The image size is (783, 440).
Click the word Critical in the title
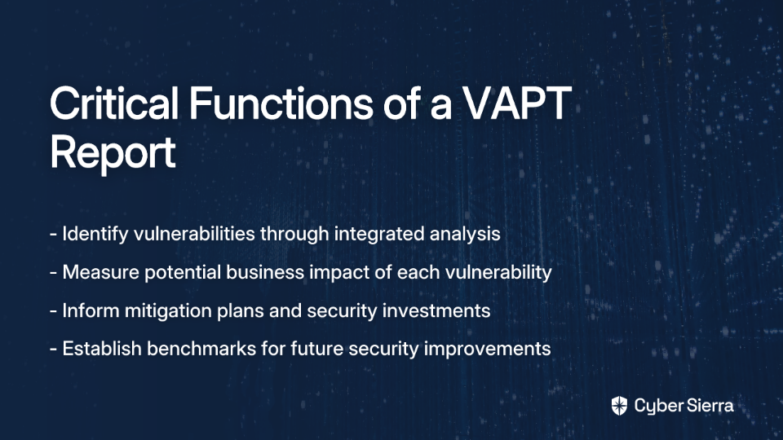tap(114, 103)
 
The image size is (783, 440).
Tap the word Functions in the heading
tap(281, 103)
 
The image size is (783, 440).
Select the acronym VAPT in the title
tap(516, 103)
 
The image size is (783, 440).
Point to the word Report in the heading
tap(113, 152)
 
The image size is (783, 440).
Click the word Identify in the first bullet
tap(95, 234)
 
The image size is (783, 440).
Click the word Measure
tap(101, 272)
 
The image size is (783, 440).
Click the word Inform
tap(91, 310)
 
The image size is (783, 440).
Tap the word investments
tap(436, 310)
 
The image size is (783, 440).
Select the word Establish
tap(102, 348)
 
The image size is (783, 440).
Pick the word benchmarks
tap(201, 348)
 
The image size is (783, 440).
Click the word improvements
tap(488, 349)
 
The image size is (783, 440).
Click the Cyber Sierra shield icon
tap(619, 406)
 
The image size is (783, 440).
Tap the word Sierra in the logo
tap(708, 406)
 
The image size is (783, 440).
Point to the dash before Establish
tap(54, 350)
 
